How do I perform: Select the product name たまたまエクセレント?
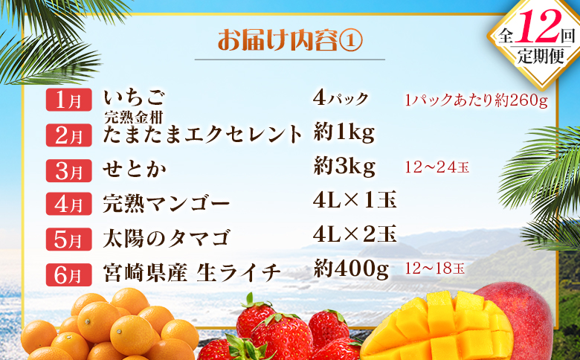point(203,135)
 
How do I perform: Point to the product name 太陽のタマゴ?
point(166,238)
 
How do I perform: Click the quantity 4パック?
point(343,98)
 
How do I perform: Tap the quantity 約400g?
point(352,271)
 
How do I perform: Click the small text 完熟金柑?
point(134,115)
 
